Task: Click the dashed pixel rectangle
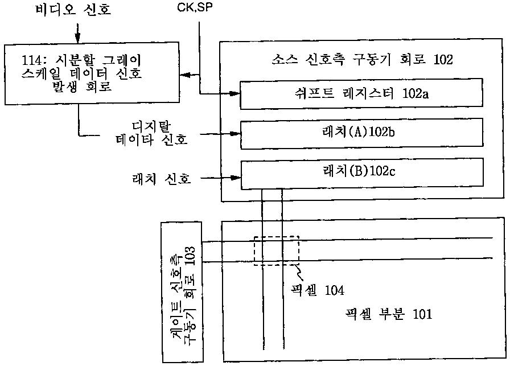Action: pyautogui.click(x=276, y=251)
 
